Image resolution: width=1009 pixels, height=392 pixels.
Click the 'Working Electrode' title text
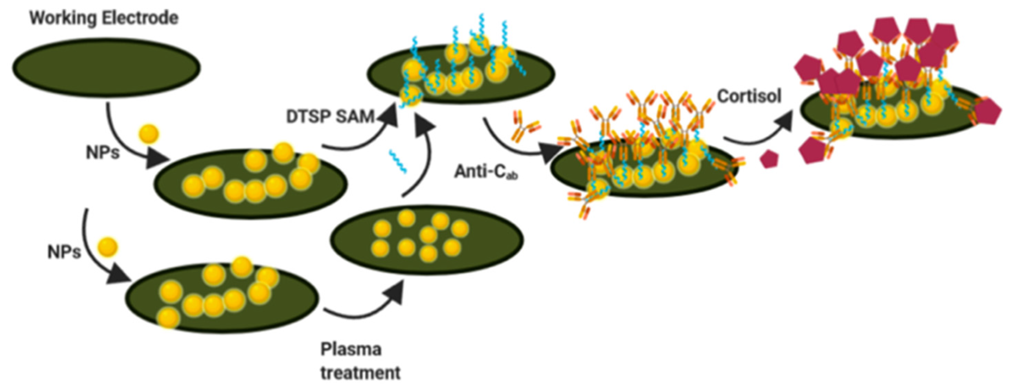coord(104,18)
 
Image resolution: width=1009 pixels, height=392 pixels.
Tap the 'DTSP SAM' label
coord(330,117)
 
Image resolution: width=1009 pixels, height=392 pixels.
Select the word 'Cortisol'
coord(749,97)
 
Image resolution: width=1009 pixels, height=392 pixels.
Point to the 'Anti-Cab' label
coord(486,172)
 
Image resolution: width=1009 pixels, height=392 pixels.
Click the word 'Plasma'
coord(351,349)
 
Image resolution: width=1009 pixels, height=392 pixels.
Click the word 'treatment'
coord(360,372)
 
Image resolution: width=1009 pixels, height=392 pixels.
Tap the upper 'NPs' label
coord(102,153)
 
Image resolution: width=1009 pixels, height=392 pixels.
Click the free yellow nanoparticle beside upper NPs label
coord(149,134)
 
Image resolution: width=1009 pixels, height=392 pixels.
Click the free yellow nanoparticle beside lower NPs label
coord(107,247)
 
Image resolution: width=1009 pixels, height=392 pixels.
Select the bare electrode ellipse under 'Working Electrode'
coord(106,68)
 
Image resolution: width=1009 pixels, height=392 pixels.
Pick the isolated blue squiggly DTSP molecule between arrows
coord(397,161)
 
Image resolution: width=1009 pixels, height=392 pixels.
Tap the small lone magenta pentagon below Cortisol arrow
coord(769,160)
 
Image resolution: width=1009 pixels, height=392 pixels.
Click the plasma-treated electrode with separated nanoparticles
coord(427,239)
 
